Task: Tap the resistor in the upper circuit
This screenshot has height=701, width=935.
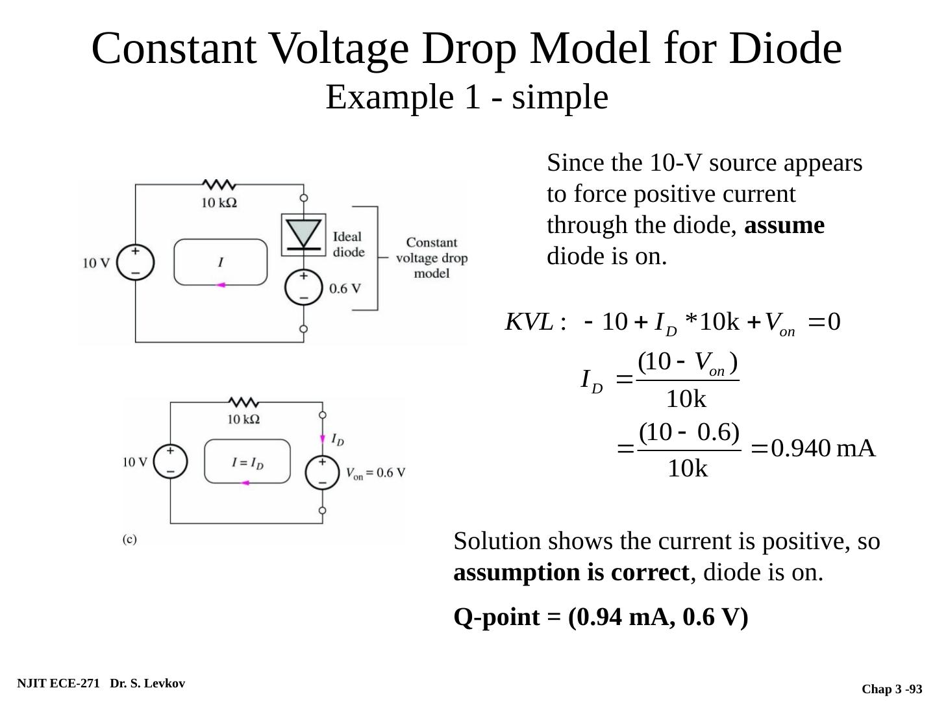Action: [219, 185]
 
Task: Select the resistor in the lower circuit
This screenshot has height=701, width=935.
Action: [243, 402]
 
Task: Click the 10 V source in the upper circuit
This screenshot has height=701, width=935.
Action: [136, 262]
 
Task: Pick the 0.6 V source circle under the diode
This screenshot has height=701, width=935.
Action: [303, 286]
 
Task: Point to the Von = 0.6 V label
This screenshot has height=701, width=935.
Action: [375, 473]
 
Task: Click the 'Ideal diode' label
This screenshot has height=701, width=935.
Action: [348, 244]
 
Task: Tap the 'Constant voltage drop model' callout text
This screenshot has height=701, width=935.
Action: [431, 258]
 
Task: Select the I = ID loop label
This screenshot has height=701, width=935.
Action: [247, 463]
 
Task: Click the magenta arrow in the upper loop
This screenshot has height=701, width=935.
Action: [220, 284]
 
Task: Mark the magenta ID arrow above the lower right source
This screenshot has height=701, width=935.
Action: [323, 439]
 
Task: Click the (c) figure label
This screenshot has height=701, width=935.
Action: [130, 539]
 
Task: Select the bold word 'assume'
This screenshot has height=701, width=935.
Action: [784, 225]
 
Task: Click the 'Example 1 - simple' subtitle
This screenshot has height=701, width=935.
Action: [466, 97]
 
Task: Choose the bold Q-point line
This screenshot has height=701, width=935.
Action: [601, 617]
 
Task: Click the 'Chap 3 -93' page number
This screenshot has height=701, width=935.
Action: [891, 689]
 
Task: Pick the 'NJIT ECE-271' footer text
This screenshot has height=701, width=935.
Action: [58, 683]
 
